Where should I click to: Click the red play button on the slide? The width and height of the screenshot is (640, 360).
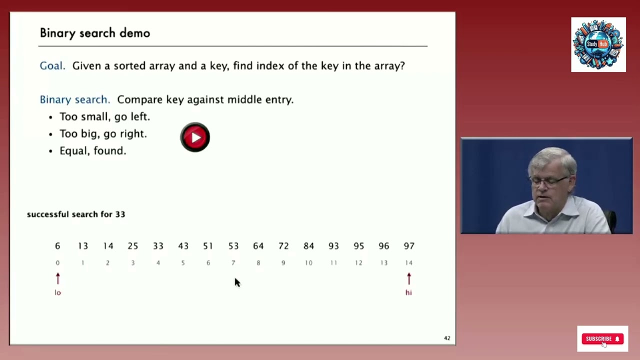pos(195,137)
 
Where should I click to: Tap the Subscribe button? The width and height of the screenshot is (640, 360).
pos(602,338)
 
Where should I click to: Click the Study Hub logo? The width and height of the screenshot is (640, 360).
pos(598,44)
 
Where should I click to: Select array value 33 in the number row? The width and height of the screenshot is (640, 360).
pos(158,246)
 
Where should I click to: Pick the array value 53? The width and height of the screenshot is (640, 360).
pos(233,246)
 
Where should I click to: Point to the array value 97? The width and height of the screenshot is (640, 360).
pos(408,246)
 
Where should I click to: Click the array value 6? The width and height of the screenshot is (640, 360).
pos(57,246)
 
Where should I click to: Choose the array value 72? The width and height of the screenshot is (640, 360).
pos(283,246)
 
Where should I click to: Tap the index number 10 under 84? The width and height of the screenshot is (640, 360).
pos(308,263)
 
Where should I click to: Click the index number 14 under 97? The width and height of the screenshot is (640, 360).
pos(408,263)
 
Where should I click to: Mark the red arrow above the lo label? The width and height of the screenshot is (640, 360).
pos(57,278)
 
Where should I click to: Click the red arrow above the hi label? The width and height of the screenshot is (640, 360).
pos(408,278)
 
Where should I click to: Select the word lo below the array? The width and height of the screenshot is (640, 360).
pos(57,292)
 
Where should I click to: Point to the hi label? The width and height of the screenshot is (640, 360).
pos(408,292)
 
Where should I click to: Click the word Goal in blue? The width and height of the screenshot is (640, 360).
pos(52,66)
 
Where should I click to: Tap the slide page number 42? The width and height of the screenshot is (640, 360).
pos(447,338)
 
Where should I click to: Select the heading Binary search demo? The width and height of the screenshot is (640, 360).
pos(95,33)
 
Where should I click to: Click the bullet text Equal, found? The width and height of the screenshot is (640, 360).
pos(92,150)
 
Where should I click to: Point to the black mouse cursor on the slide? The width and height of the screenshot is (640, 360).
pos(237,282)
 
